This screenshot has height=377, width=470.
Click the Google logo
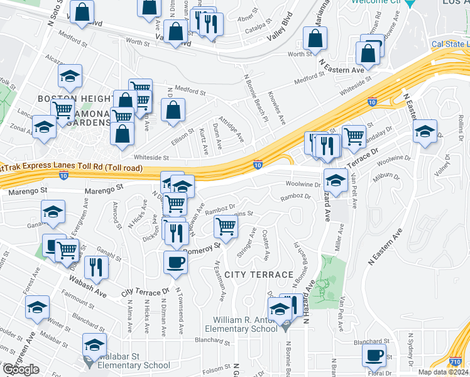tap(21, 369)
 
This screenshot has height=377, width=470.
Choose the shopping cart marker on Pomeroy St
tap(226, 226)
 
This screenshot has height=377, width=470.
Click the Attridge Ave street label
tap(231, 128)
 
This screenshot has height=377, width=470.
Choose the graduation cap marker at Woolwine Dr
tap(336, 180)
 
